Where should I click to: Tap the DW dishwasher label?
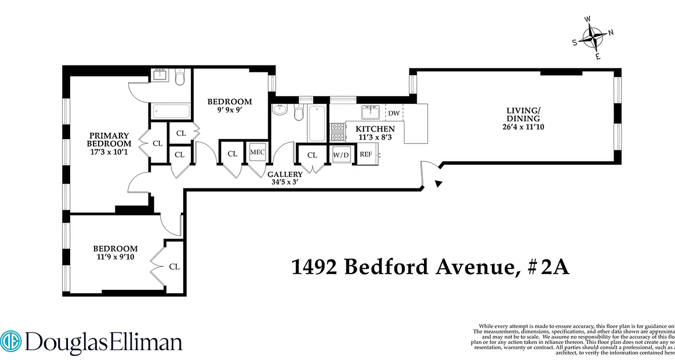[394, 113]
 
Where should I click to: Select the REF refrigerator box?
[366, 154]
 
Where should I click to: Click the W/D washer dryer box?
[341, 155]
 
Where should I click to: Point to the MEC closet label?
[257, 152]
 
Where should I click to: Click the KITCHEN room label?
[375, 129]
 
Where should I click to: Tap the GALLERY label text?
[285, 175]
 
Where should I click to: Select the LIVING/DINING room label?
[523, 114]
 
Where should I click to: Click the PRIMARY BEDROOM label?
[109, 139]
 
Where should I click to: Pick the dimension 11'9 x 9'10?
[115, 257]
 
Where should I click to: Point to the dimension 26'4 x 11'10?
[523, 127]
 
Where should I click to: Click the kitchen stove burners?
[337, 132]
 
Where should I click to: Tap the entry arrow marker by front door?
[439, 183]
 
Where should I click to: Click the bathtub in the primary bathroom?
[171, 111]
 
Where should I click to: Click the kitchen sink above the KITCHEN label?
[371, 112]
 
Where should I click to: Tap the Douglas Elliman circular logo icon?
[10, 342]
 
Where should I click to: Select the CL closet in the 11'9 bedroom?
[174, 267]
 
